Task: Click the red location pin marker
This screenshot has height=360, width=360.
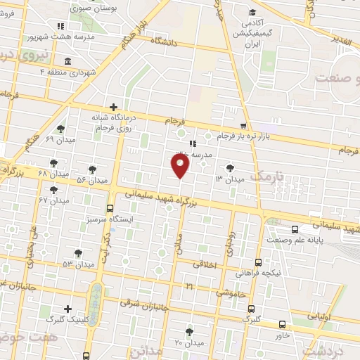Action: [181, 166]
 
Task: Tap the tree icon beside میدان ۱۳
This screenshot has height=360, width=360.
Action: [231, 167]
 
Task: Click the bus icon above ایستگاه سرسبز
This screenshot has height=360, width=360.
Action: [110, 207]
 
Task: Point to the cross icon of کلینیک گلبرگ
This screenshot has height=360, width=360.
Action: [67, 309]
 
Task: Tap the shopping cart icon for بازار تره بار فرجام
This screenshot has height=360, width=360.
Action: [243, 125]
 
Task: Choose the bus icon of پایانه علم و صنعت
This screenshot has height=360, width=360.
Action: [295, 229]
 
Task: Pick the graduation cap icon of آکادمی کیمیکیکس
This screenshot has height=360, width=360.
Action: [252, 12]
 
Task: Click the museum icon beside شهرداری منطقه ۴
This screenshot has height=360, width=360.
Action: [67, 60]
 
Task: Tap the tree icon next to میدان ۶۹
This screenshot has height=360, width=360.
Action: [60, 129]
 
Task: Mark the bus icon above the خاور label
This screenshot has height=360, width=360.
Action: [282, 324]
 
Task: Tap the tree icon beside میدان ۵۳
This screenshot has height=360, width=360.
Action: [77, 252]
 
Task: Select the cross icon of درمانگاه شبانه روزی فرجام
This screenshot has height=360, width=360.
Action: [113, 107]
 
